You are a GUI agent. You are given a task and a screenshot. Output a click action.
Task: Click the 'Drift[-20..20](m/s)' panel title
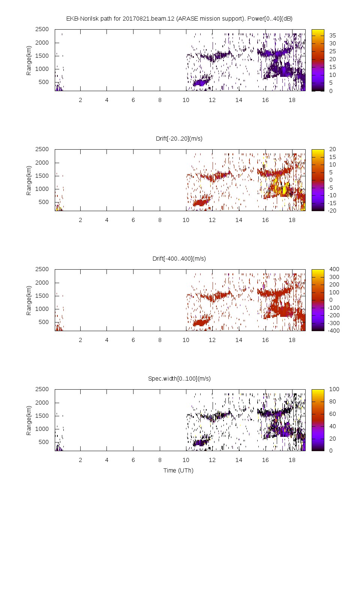pos(179,139)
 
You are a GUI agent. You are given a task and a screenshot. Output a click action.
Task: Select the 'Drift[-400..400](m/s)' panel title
pos(179,259)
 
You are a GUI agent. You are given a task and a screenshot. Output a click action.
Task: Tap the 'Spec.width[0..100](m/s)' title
pos(179,379)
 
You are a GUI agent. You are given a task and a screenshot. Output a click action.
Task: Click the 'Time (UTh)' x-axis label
pos(178,471)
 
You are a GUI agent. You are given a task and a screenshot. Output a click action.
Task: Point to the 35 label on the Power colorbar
pos(333,36)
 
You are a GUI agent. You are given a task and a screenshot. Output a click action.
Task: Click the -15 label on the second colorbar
pos(331,203)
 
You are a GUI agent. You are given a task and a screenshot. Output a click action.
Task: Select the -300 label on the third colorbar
pos(334,323)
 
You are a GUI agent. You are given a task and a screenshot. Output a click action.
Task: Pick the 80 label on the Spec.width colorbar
pos(333,402)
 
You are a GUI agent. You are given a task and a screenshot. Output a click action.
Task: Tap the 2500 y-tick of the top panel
pos(42,29)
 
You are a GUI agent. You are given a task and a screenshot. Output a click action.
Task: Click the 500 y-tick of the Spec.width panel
pos(43,442)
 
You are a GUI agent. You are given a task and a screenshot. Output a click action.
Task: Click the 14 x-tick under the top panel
pos(239,100)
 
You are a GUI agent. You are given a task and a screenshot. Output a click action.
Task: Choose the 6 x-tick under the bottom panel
pos(133,460)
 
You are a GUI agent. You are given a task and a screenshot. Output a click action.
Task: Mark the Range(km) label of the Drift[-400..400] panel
pos(29,300)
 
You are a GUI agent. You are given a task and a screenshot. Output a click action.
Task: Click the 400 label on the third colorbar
pos(334,269)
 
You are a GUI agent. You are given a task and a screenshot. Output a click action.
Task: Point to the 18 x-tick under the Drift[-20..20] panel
pos(292,220)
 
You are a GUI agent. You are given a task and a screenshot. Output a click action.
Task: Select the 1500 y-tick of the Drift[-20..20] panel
pos(42,176)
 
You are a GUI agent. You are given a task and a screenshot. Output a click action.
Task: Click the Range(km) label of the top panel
pos(29,60)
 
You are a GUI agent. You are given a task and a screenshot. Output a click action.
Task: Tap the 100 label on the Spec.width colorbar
pos(334,389)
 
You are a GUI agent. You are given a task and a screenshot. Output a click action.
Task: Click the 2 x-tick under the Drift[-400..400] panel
pos(80,340)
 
